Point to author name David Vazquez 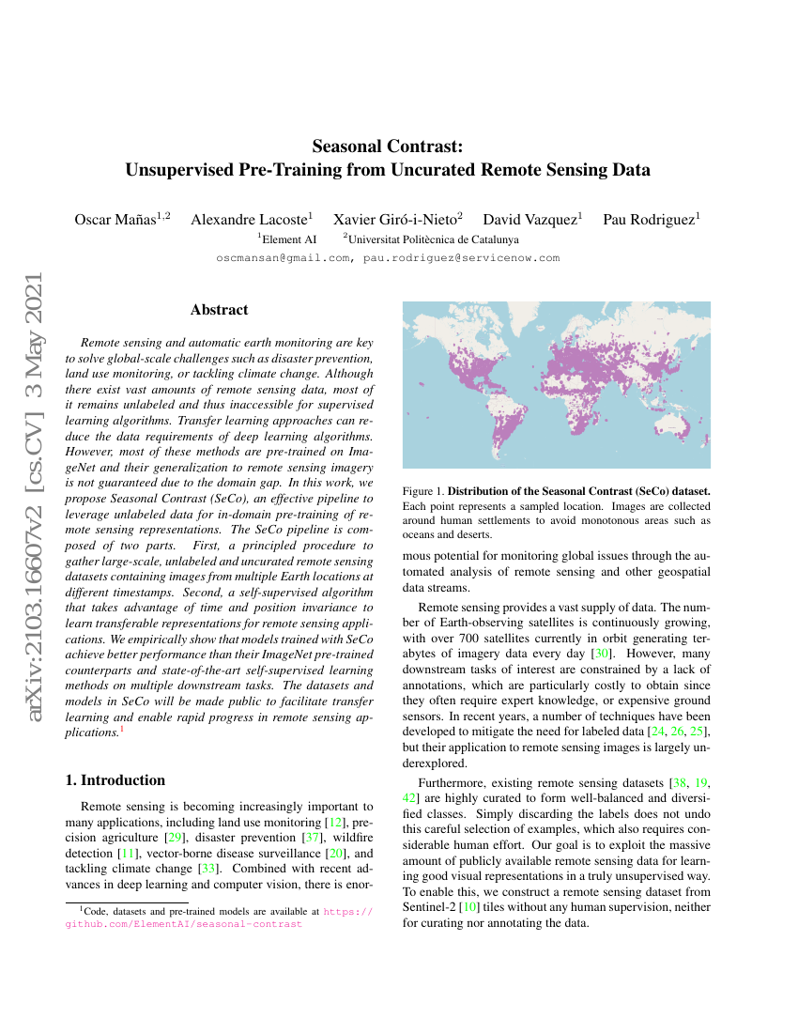point(529,220)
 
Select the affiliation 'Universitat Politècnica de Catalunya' point(433,239)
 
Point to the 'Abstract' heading point(219,309)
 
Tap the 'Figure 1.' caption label point(422,491)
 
